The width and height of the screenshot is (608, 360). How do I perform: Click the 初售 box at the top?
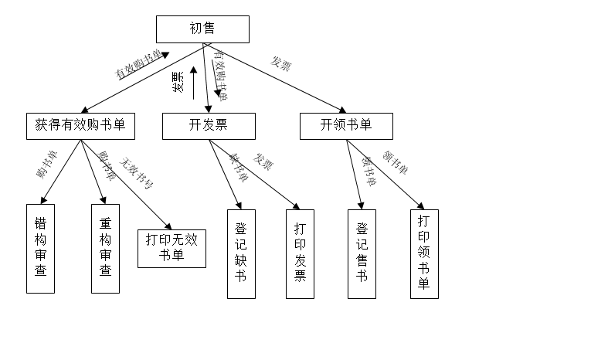[202, 29]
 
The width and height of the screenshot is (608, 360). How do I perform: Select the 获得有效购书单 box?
[80, 126]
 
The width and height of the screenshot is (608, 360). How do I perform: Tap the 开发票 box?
[208, 126]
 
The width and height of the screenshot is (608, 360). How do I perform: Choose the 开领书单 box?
[346, 126]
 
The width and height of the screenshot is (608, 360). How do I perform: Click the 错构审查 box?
[41, 248]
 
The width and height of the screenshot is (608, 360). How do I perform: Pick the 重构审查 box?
[106, 248]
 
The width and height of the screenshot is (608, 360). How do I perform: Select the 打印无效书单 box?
[172, 248]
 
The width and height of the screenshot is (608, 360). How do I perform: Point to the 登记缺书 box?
[240, 253]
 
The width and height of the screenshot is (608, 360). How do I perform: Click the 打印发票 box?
[300, 253]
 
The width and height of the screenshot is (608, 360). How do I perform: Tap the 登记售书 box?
[362, 253]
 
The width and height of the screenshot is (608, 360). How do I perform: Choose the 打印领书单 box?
[423, 253]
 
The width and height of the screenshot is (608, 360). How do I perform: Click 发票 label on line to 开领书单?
[280, 64]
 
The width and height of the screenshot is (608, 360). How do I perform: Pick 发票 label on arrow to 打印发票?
[264, 162]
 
